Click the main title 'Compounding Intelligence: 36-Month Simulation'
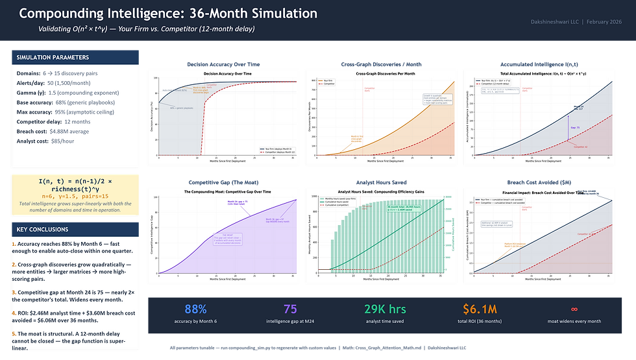[168, 14]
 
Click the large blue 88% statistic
[195, 310]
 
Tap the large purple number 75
[290, 310]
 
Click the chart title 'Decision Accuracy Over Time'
[223, 75]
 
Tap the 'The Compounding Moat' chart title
[223, 192]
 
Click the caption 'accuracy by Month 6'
[195, 321]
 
